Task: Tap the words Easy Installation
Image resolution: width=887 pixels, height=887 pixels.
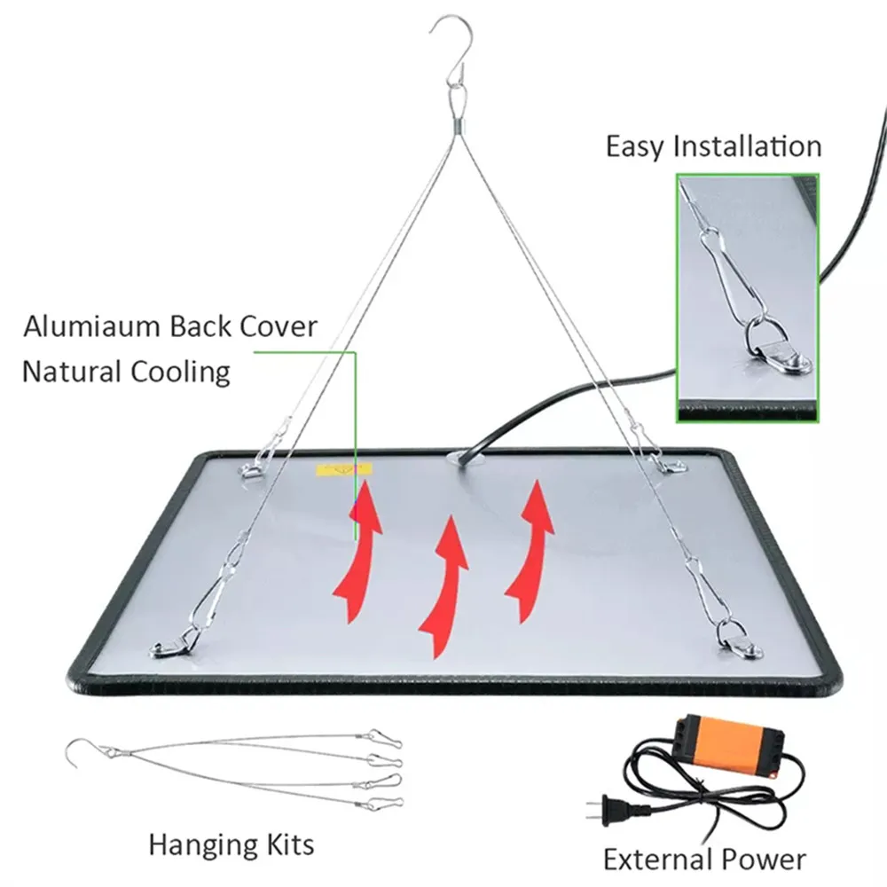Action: click(713, 146)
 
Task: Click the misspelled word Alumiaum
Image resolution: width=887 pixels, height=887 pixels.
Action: click(91, 326)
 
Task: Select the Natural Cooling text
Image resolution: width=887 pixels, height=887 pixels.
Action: click(125, 371)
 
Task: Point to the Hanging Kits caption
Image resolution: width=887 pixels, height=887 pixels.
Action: click(231, 844)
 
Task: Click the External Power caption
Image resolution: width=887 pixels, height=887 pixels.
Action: click(704, 859)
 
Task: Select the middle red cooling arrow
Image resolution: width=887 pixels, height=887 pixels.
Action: click(446, 586)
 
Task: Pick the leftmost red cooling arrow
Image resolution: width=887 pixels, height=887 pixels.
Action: click(358, 554)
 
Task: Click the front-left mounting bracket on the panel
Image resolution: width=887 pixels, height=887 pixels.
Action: click(173, 646)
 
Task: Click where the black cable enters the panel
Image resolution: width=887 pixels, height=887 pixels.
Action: click(463, 458)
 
